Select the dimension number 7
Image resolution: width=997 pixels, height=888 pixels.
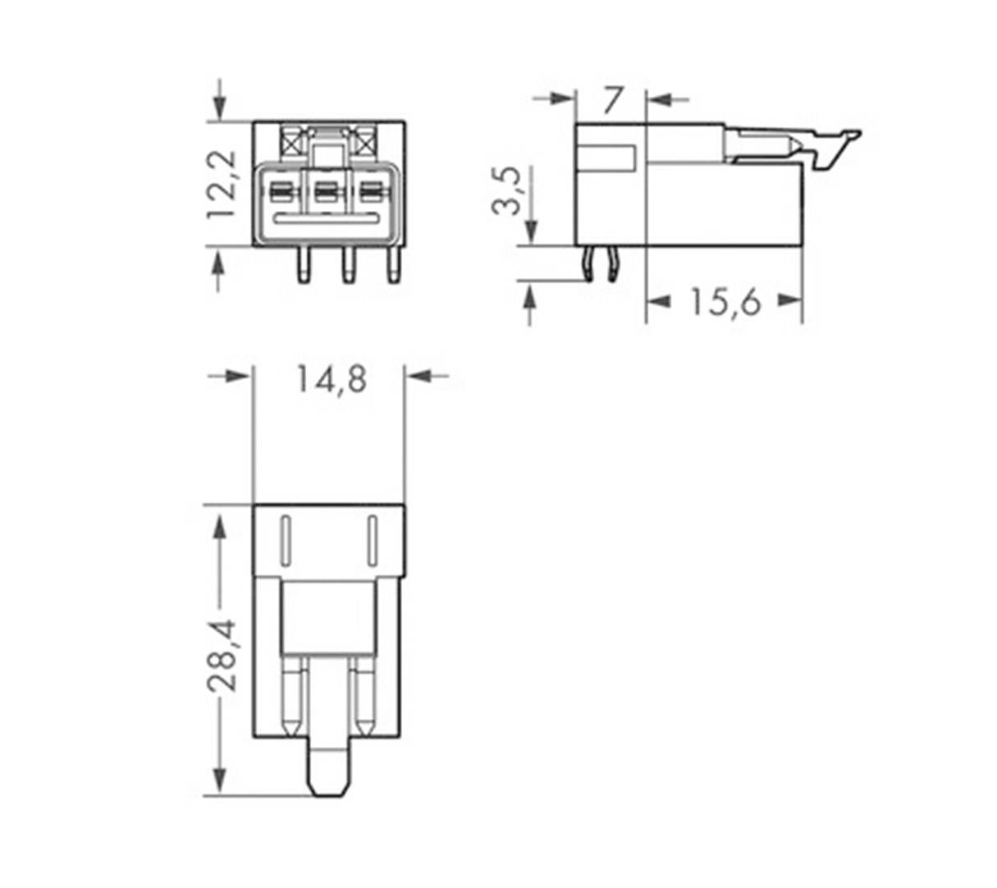pyautogui.click(x=612, y=100)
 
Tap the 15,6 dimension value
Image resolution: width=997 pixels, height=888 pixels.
pyautogui.click(x=725, y=302)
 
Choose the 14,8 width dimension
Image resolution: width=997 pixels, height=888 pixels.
pyautogui.click(x=331, y=380)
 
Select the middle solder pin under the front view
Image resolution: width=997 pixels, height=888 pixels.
pyautogui.click(x=349, y=264)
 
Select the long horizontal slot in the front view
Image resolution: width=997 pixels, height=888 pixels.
pyautogui.click(x=327, y=219)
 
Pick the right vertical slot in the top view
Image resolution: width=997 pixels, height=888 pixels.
pyautogui.click(x=371, y=541)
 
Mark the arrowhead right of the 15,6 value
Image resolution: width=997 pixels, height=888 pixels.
pyautogui.click(x=789, y=300)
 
